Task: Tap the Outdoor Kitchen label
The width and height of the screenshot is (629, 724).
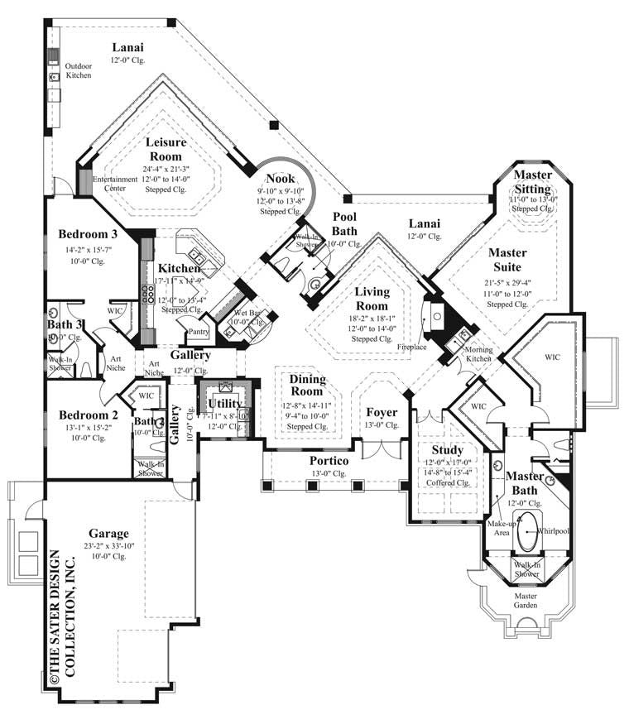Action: (x=79, y=70)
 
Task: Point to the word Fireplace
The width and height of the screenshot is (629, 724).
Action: (x=411, y=347)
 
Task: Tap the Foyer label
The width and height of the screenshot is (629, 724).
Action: (x=382, y=412)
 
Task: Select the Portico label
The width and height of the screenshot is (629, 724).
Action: (x=329, y=460)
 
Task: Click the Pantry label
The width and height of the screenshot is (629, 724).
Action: (x=198, y=332)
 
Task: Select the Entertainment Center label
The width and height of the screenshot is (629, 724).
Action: (x=115, y=184)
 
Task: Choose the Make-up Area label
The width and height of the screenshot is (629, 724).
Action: (x=502, y=529)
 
